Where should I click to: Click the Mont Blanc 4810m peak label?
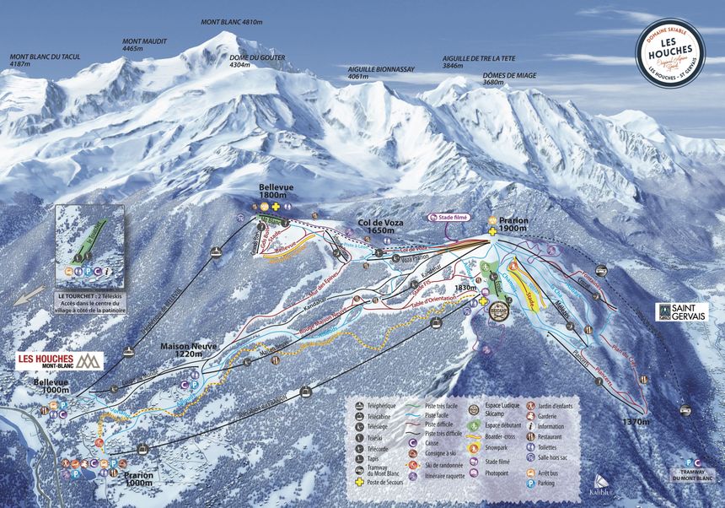tap(232, 22)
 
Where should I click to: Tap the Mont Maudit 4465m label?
tap(144, 45)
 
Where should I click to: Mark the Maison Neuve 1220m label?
tap(186, 349)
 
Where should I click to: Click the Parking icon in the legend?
tap(532, 484)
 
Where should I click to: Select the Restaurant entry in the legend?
tap(532, 437)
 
